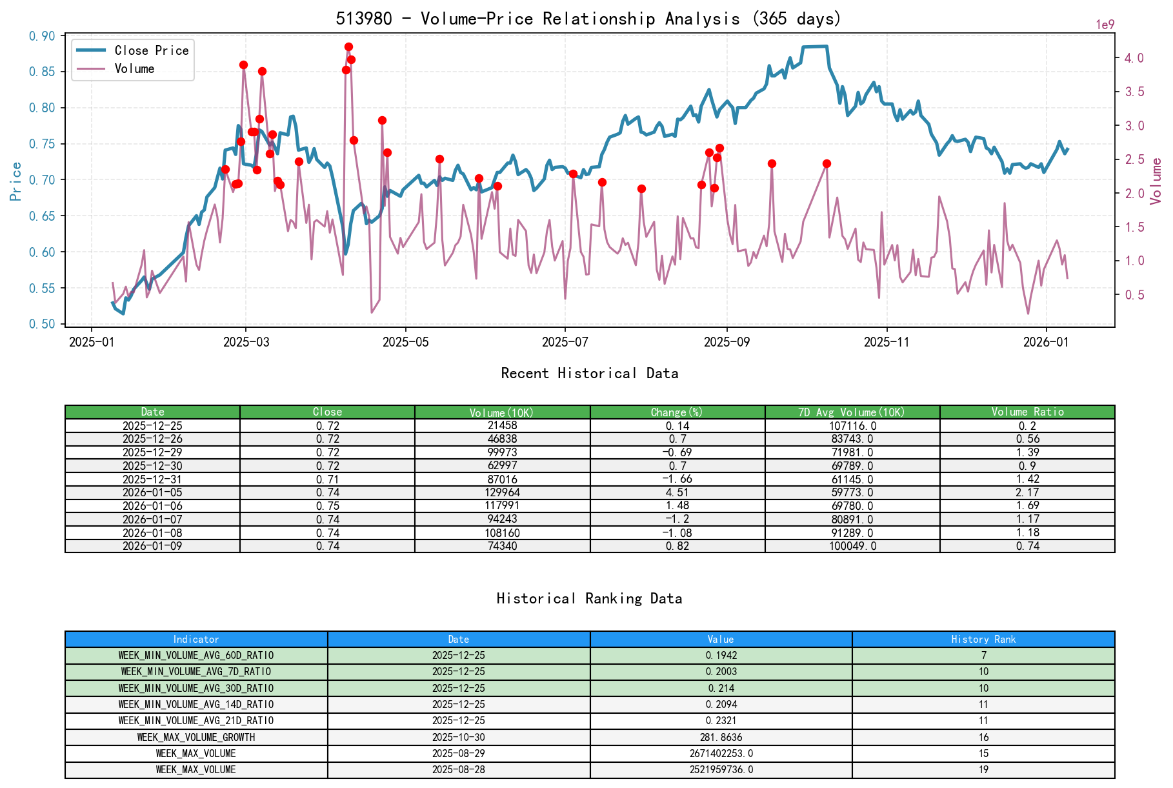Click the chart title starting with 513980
pyautogui.click(x=588, y=19)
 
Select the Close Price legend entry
pyautogui.click(x=152, y=51)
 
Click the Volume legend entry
pyautogui.click(x=134, y=69)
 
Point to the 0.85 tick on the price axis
pyautogui.click(x=43, y=72)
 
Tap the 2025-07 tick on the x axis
pyautogui.click(x=565, y=342)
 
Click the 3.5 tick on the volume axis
pyautogui.click(x=1134, y=92)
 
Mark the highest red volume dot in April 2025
pyautogui.click(x=348, y=47)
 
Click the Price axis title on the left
pyautogui.click(x=16, y=181)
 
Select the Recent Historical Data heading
pyautogui.click(x=589, y=374)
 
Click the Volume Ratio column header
pyautogui.click(x=1027, y=412)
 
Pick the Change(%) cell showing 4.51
pyautogui.click(x=677, y=492)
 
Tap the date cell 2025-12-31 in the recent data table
pyautogui.click(x=152, y=480)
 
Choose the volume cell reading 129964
pyautogui.click(x=502, y=492)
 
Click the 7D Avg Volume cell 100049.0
pyautogui.click(x=852, y=546)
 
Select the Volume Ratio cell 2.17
pyautogui.click(x=1027, y=492)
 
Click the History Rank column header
pyautogui.click(x=983, y=640)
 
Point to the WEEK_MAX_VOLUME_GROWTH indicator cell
pyautogui.click(x=196, y=737)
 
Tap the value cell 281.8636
pyautogui.click(x=721, y=737)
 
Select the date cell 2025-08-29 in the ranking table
pyautogui.click(x=458, y=754)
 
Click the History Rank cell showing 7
pyautogui.click(x=983, y=656)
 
